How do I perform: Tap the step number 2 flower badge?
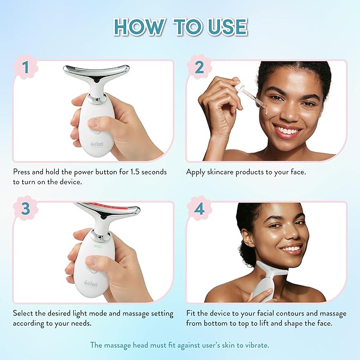click(x=199, y=67)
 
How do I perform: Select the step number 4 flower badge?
click(x=199, y=209)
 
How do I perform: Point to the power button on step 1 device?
click(x=93, y=122)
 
